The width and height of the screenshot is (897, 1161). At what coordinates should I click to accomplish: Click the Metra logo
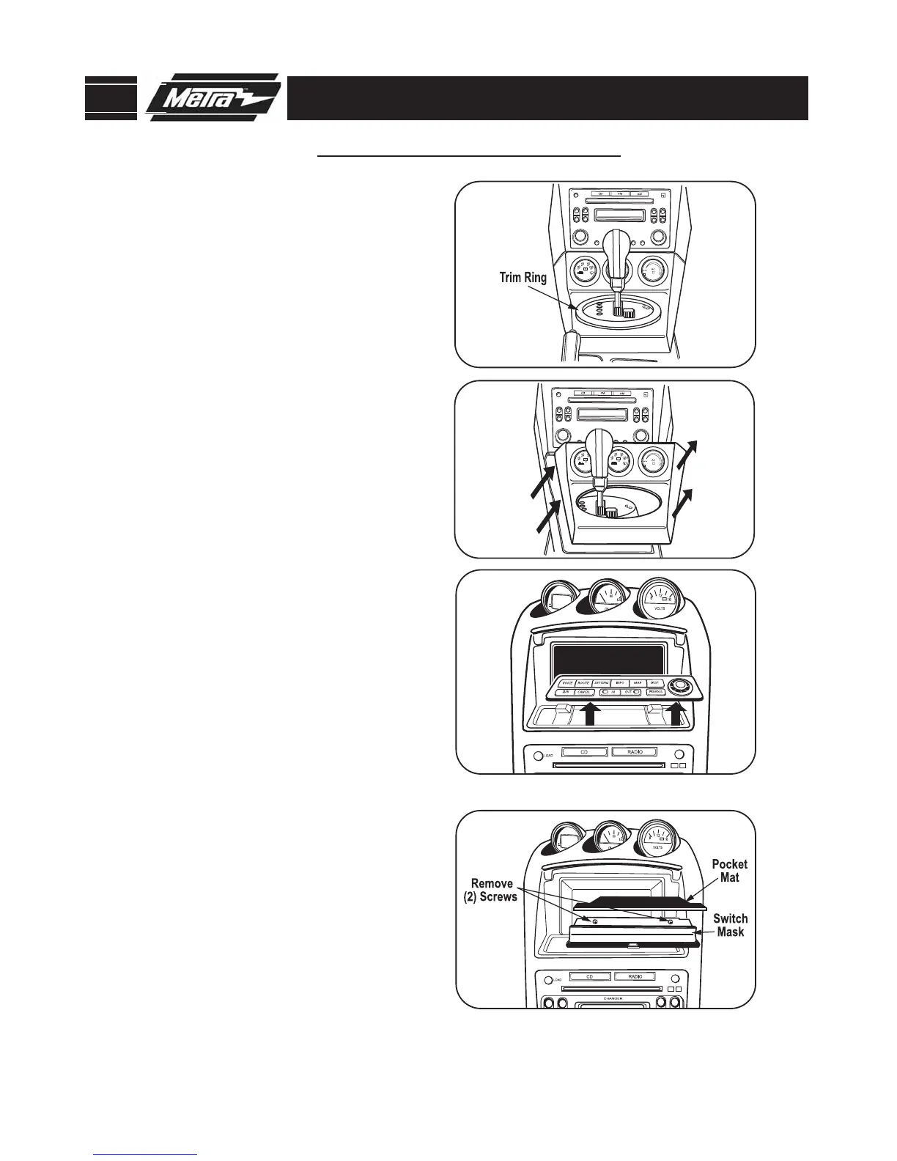click(213, 97)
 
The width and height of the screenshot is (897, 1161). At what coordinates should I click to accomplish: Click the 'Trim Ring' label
click(523, 278)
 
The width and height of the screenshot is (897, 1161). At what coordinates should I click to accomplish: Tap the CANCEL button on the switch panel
click(583, 691)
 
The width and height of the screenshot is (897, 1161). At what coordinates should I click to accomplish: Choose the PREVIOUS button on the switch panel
click(655, 691)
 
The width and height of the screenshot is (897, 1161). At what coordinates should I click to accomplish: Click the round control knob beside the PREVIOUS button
click(681, 686)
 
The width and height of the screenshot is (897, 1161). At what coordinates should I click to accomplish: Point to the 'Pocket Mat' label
click(729, 871)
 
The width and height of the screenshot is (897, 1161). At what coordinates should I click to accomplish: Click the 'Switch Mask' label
click(730, 925)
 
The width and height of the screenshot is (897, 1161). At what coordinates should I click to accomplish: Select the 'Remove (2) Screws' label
click(492, 890)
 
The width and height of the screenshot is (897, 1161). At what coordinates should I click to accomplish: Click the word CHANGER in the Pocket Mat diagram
click(613, 998)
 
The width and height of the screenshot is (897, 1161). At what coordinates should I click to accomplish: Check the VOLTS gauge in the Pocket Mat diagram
click(657, 842)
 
